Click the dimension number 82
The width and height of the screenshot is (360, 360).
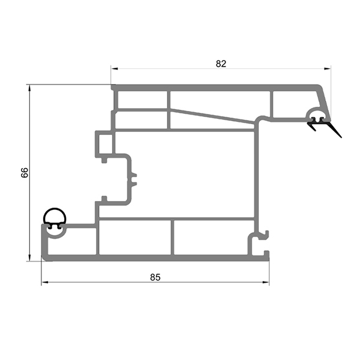tap(221, 64)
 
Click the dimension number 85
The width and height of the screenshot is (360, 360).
tap(155, 277)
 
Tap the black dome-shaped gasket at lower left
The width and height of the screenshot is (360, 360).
tap(55, 216)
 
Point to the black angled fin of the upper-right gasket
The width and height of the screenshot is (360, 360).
tap(333, 129)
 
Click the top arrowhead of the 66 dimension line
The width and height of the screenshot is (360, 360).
tap(29, 88)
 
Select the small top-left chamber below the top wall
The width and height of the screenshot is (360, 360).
tap(142, 100)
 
